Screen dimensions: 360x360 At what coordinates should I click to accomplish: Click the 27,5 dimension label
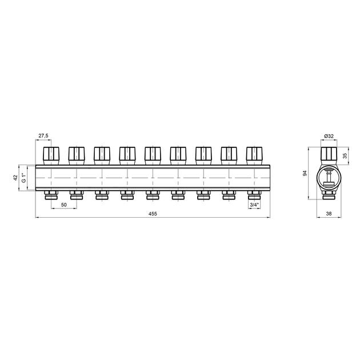(x=43, y=135)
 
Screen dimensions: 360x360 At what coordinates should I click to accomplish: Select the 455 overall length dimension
(x=153, y=214)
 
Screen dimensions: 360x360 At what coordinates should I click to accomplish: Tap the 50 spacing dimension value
(x=64, y=205)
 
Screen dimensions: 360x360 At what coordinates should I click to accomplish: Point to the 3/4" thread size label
(x=254, y=205)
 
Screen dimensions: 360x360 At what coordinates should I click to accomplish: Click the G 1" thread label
(x=23, y=178)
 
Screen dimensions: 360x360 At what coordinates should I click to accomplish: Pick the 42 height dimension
(x=15, y=178)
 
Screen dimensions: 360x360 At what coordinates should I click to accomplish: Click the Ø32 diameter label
(x=329, y=136)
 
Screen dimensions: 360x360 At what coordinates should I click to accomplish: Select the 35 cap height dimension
(x=345, y=156)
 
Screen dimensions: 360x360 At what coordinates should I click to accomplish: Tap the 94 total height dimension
(x=305, y=173)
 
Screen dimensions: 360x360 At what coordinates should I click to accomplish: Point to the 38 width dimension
(x=329, y=214)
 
